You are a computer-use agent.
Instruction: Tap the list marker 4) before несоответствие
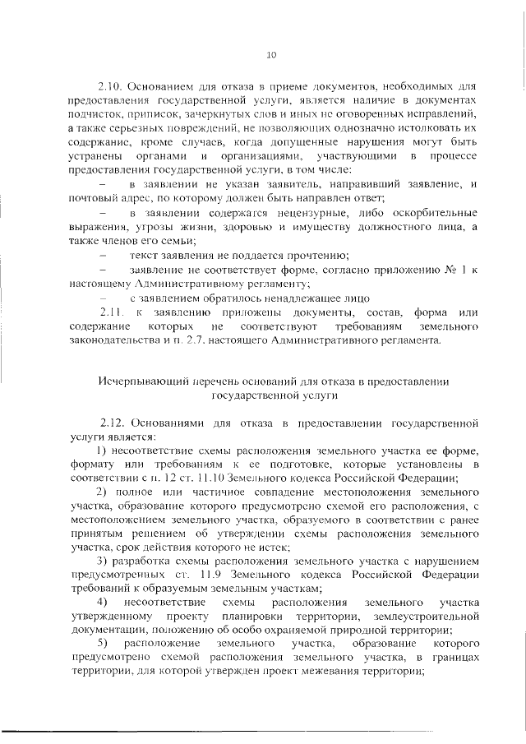[103, 603]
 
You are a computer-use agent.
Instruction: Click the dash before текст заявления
[103, 255]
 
